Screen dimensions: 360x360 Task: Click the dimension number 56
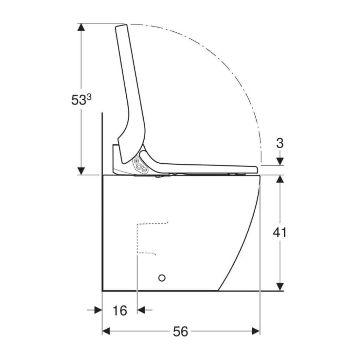pyautogui.click(x=180, y=332)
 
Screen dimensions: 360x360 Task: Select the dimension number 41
pyautogui.click(x=279, y=232)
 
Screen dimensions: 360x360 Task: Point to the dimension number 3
pyautogui.click(x=280, y=143)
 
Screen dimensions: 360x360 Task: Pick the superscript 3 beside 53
pyautogui.click(x=89, y=97)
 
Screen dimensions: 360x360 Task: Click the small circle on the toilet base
pyautogui.click(x=162, y=278)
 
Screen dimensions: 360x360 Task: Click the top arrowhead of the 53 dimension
pyautogui.click(x=81, y=27)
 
